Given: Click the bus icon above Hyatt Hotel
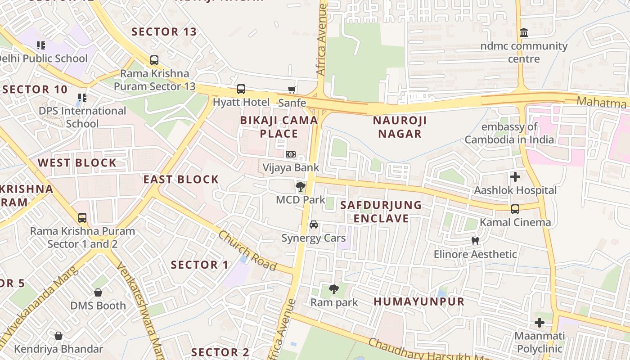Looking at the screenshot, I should coord(241,89).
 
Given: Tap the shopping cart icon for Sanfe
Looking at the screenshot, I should coord(292,90).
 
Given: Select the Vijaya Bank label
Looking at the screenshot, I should coord(291,168).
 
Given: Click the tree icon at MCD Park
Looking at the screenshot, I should coord(300,186).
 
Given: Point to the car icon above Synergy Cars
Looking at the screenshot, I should coord(314,225).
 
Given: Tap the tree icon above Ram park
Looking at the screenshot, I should coord(333,289).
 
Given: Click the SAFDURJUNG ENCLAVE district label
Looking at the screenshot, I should coord(381,212).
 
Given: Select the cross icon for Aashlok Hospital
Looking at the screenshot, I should coord(515,177).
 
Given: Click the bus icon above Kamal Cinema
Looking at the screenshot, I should coord(515,209).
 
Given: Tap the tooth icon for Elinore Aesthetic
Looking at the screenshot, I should coord(475,241).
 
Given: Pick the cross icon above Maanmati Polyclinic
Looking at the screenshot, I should coord(539,323).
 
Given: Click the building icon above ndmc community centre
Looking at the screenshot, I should coord(524,33).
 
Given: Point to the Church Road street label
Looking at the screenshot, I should coord(247,250).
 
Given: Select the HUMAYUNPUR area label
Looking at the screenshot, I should coord(419,301).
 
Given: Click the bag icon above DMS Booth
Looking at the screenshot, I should coord(98,292).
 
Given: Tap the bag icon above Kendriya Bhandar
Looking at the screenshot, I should coord(58,336).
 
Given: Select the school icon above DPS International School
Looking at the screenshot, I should coord(82,97).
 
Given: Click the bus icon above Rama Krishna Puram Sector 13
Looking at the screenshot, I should coord(154,60).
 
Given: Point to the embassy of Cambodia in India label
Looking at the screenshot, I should coord(509,133).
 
